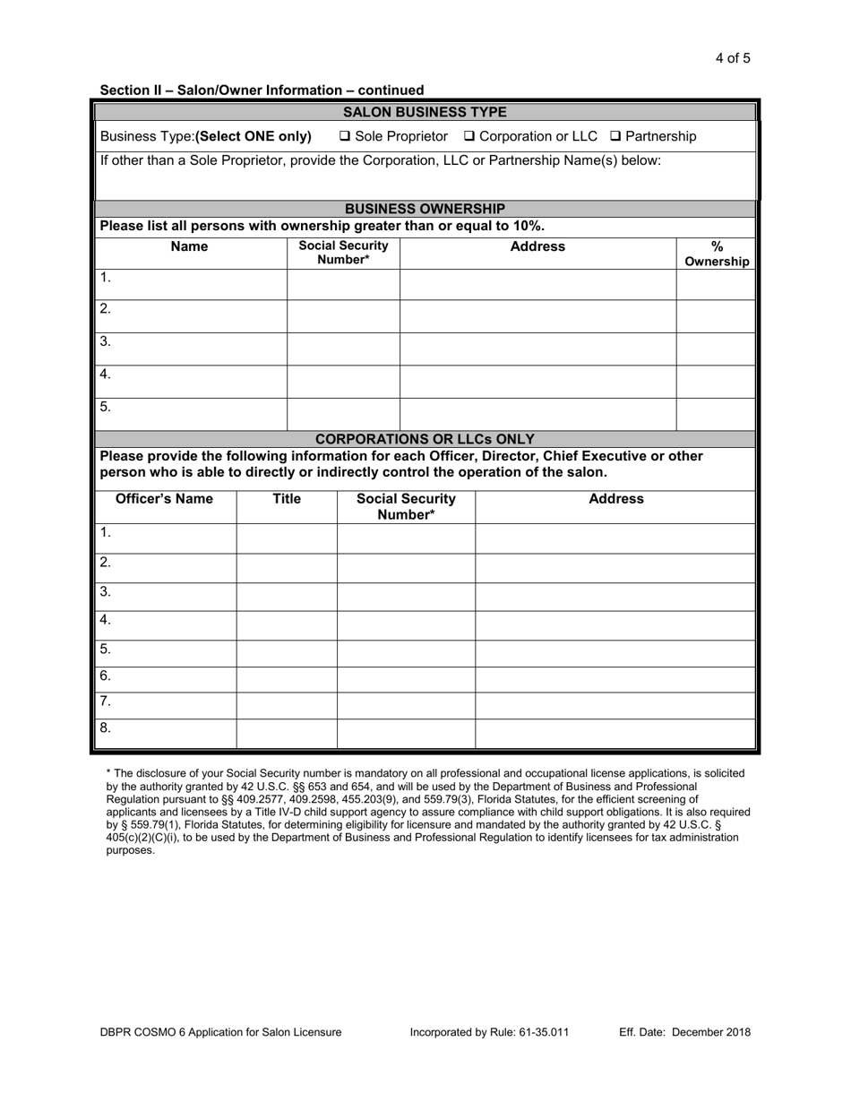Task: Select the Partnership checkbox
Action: pyautogui.click(x=615, y=137)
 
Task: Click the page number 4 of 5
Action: pyautogui.click(x=733, y=59)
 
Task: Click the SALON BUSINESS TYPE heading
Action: pyautogui.click(x=425, y=112)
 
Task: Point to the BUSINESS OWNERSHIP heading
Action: pyautogui.click(x=425, y=209)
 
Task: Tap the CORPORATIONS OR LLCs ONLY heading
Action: pyautogui.click(x=425, y=439)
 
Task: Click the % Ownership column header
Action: pyautogui.click(x=716, y=254)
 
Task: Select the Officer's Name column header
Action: pyautogui.click(x=165, y=499)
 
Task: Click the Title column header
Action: pyautogui.click(x=286, y=499)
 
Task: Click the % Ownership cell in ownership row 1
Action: pyautogui.click(x=715, y=284)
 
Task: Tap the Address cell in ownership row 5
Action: pyautogui.click(x=537, y=413)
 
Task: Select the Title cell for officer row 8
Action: pyautogui.click(x=286, y=733)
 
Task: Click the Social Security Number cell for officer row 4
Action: pyautogui.click(x=406, y=625)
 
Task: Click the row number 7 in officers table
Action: pyautogui.click(x=105, y=702)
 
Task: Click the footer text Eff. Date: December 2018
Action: pyautogui.click(x=684, y=1032)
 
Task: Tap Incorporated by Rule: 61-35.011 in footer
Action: pyautogui.click(x=489, y=1032)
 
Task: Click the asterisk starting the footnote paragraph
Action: pyautogui.click(x=108, y=772)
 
